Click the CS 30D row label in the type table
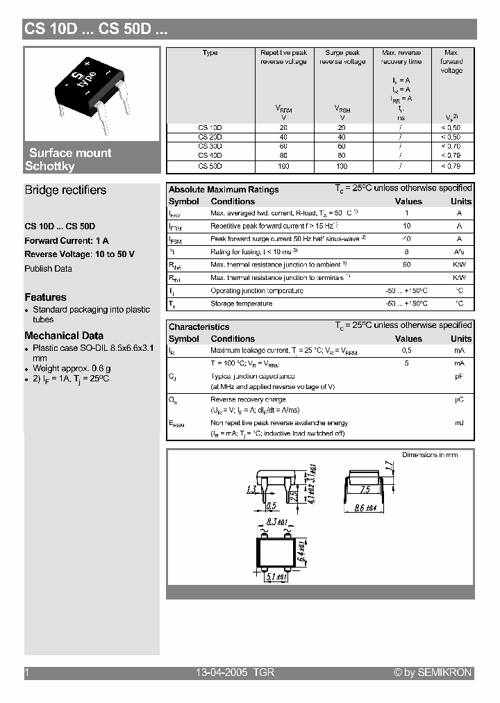(x=210, y=147)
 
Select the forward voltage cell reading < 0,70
(x=451, y=147)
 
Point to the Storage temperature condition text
(x=241, y=304)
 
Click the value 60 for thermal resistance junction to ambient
(x=407, y=265)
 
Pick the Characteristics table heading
(x=199, y=326)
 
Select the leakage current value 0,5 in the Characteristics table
(x=407, y=351)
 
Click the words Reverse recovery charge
(x=248, y=400)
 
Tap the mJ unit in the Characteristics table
(x=459, y=422)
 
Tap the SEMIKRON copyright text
(x=433, y=672)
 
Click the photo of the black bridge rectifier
(x=92, y=94)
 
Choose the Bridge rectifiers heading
(x=65, y=190)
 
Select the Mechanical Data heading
(x=64, y=336)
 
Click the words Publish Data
(x=48, y=269)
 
